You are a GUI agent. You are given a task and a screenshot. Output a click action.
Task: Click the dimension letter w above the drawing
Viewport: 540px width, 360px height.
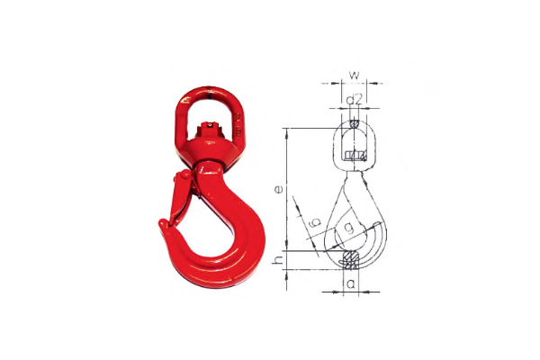(x=354, y=75)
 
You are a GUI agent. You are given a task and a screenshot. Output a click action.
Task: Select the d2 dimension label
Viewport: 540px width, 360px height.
(x=355, y=100)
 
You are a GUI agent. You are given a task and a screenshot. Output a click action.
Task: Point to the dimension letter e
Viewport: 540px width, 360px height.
(x=279, y=189)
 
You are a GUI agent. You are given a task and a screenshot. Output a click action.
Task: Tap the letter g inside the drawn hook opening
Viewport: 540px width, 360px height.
(x=349, y=228)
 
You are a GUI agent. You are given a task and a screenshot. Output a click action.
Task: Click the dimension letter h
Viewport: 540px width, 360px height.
(x=278, y=261)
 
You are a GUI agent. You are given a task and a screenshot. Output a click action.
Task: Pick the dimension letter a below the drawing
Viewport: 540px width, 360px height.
(x=351, y=284)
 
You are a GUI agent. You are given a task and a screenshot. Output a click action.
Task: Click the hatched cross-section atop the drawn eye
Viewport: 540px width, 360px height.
(x=354, y=123)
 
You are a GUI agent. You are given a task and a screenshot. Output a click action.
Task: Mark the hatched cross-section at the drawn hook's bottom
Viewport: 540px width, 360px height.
(x=351, y=260)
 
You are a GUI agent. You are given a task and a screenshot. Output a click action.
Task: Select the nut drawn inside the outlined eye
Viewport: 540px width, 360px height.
(x=354, y=156)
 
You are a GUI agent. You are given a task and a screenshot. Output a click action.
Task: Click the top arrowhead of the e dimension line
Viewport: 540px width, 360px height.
(x=286, y=133)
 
